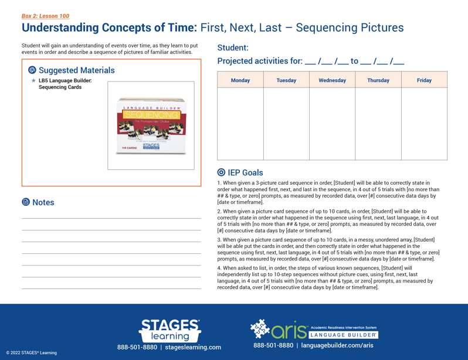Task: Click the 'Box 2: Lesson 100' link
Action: tap(45, 16)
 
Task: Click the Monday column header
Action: tap(240, 80)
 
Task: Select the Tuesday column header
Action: tap(286, 80)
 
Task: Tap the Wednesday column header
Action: tap(332, 80)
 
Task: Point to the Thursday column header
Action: tap(378, 80)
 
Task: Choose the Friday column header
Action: tap(424, 80)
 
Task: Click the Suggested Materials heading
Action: tap(77, 70)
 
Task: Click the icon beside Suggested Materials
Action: tap(32, 70)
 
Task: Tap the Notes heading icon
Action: tap(26, 202)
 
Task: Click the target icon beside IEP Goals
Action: tap(221, 172)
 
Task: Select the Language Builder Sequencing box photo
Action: tap(151, 126)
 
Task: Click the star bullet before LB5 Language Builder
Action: tap(33, 80)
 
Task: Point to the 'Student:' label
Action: tap(233, 48)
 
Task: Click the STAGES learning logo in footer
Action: tap(169, 330)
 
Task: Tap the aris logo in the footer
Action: tap(279, 330)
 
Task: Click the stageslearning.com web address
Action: tap(193, 347)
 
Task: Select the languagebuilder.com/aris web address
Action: tap(337, 345)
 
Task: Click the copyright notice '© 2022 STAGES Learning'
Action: tap(32, 353)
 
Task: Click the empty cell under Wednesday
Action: tap(332, 124)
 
